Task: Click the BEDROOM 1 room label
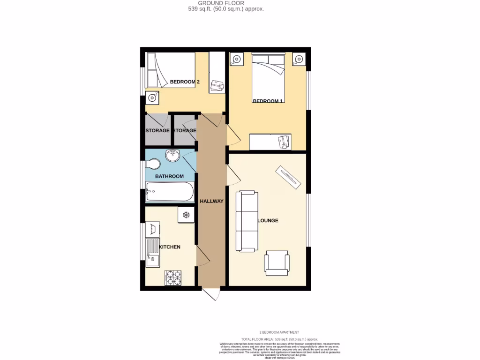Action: point(267,101)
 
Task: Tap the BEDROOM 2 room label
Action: point(185,82)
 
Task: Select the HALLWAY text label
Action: point(211,201)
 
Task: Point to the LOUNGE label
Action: point(268,220)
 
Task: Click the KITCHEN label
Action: point(170,247)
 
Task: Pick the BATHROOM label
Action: point(169,176)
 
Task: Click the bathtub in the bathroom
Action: point(169,192)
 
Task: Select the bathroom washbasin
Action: point(173,156)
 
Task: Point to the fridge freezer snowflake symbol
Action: point(186,215)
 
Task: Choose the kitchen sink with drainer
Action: point(153,252)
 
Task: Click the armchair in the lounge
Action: point(277,262)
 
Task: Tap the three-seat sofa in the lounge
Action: point(247,221)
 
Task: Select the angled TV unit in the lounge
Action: point(287,178)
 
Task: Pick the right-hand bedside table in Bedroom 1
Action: point(299,60)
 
